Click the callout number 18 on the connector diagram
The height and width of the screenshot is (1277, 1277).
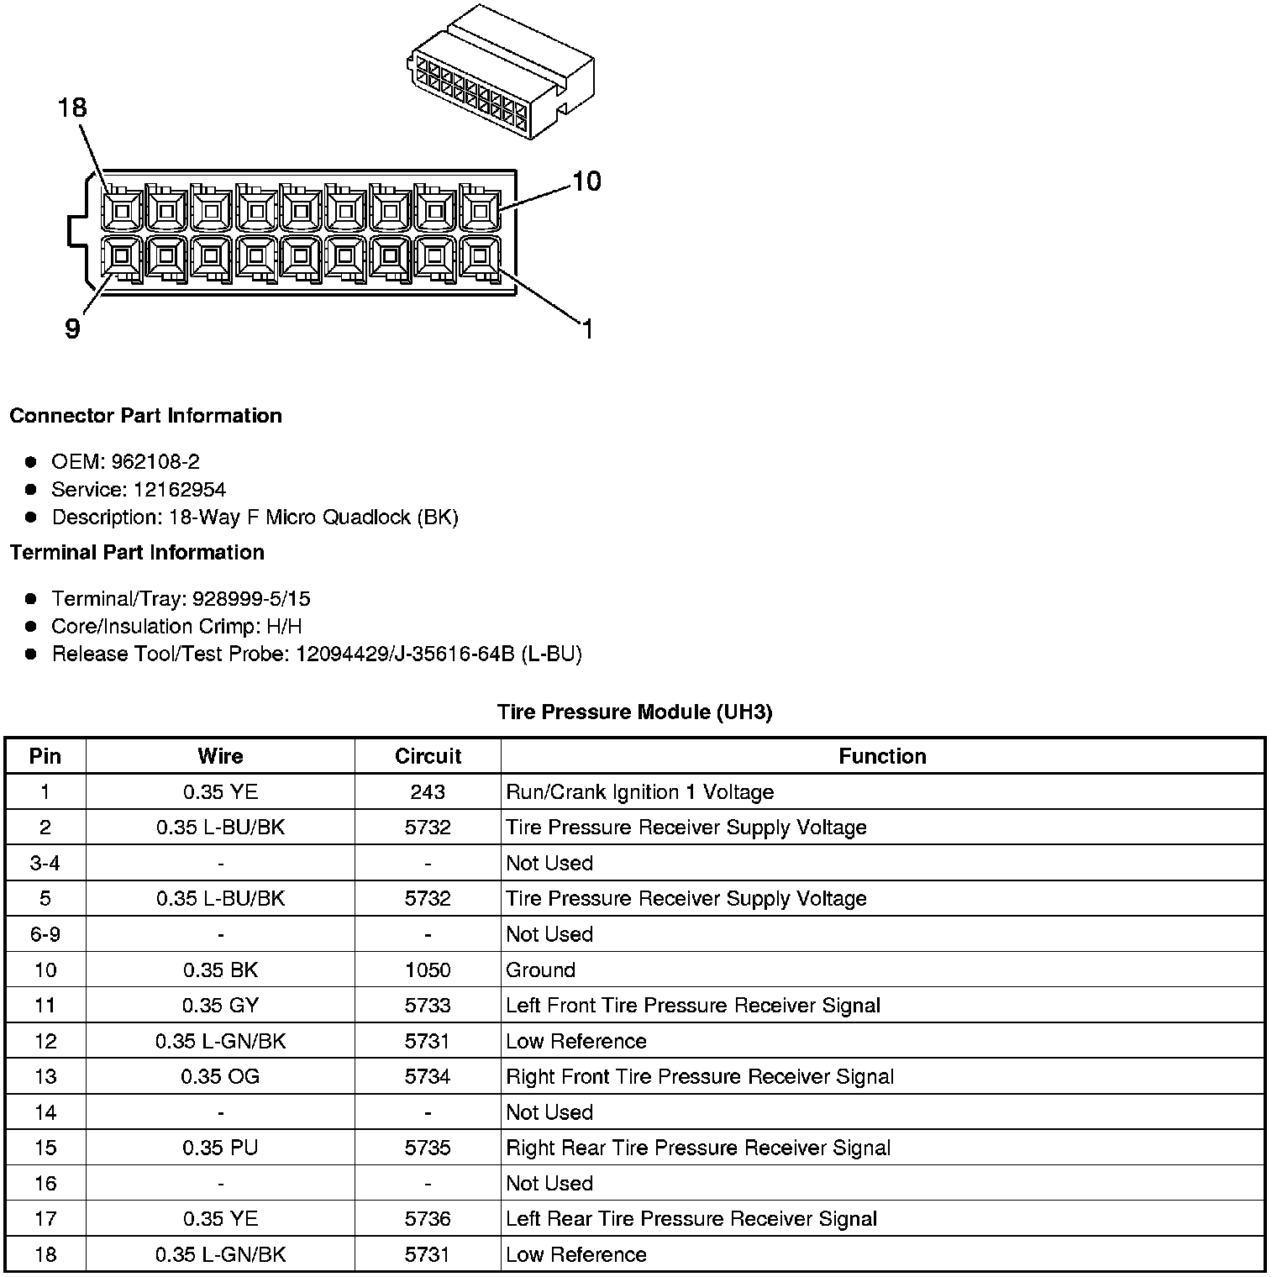tap(72, 108)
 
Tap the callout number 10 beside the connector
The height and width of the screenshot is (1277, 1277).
tap(586, 181)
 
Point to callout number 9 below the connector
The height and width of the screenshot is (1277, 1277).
tap(73, 328)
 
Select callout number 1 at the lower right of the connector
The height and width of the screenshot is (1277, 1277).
tap(587, 329)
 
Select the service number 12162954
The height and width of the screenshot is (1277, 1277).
tap(179, 489)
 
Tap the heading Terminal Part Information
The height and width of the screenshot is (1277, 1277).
tap(137, 552)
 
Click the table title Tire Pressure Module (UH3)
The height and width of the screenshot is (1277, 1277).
tap(634, 712)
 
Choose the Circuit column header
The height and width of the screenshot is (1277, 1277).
tap(428, 756)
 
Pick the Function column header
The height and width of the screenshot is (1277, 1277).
tap(882, 756)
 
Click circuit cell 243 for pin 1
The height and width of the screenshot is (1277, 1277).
tap(428, 791)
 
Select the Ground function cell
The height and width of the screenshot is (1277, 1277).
tap(540, 970)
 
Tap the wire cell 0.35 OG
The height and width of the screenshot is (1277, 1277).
tap(220, 1077)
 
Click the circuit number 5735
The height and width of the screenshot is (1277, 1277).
tap(428, 1148)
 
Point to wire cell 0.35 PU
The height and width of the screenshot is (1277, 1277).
tap(220, 1148)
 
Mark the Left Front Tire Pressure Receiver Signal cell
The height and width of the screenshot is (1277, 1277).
tap(692, 1006)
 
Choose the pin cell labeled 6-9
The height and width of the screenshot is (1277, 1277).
tap(45, 934)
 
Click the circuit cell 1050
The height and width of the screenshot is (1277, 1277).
tap(428, 970)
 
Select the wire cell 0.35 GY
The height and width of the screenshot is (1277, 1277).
tap(220, 1006)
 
